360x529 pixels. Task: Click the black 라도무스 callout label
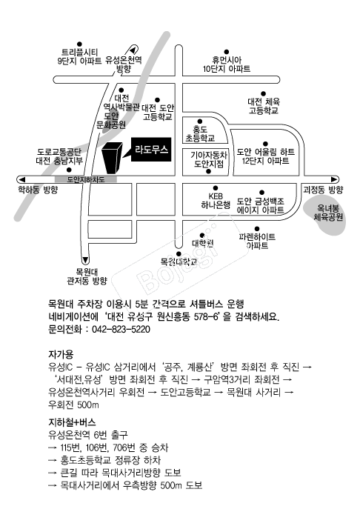click(151, 150)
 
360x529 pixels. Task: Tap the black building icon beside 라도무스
click(112, 158)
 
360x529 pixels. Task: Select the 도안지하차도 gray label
click(86, 179)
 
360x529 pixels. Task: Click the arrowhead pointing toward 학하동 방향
click(21, 179)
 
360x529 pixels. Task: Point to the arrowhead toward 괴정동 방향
click(334, 179)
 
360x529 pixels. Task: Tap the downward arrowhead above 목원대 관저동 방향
click(85, 260)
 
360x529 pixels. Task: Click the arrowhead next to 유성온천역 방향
click(133, 50)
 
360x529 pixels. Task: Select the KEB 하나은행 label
click(216, 201)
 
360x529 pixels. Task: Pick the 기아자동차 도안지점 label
click(209, 159)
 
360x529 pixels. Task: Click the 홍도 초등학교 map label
click(200, 133)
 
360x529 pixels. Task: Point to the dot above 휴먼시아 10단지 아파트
click(227, 52)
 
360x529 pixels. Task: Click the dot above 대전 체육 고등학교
click(263, 94)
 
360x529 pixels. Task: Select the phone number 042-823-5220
click(121, 329)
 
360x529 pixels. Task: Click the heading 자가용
click(61, 355)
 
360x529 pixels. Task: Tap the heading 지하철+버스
click(72, 422)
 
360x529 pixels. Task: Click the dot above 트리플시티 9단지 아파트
click(79, 44)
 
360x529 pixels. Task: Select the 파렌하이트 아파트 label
click(257, 242)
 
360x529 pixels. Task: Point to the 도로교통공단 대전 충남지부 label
click(59, 156)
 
